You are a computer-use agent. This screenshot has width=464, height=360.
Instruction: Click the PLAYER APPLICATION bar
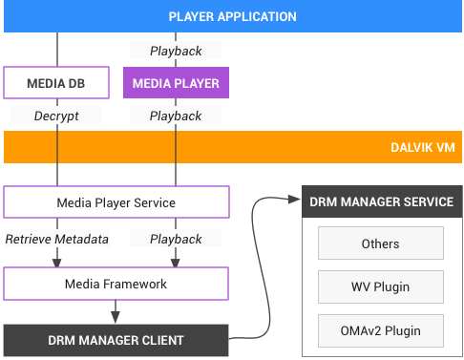coord(232,16)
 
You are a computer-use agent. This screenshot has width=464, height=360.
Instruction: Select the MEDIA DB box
coord(57,83)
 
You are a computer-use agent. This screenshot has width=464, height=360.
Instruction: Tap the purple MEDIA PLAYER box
coord(176,83)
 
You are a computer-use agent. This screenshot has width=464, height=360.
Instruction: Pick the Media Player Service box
coord(116,202)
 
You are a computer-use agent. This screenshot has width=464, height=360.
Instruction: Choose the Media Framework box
coord(116,284)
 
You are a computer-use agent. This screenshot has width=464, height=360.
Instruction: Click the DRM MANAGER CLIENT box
coord(116,340)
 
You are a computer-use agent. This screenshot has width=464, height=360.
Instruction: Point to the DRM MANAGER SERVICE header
coord(381,201)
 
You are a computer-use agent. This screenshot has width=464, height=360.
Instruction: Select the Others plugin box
coord(380,244)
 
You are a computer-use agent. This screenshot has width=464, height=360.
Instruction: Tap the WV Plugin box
coord(380,286)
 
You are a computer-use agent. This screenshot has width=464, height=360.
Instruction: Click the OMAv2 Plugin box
coord(380,330)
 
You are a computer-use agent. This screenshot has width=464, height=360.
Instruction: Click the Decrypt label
coord(57,116)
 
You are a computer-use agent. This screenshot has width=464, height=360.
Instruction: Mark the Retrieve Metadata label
coord(57,237)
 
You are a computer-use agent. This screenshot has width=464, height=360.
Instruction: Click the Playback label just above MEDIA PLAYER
coord(176,50)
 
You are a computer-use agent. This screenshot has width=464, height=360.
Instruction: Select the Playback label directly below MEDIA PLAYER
coord(176,116)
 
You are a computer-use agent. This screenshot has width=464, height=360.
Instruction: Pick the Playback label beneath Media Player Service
coord(176,237)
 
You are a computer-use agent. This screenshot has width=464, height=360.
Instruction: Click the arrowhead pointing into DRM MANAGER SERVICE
coord(292,199)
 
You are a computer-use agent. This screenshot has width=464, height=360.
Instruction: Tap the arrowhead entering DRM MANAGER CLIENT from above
coord(116,317)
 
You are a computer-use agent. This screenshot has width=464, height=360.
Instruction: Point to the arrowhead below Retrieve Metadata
coord(57,260)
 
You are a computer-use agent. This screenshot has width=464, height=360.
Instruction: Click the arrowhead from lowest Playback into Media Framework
coord(176,260)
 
